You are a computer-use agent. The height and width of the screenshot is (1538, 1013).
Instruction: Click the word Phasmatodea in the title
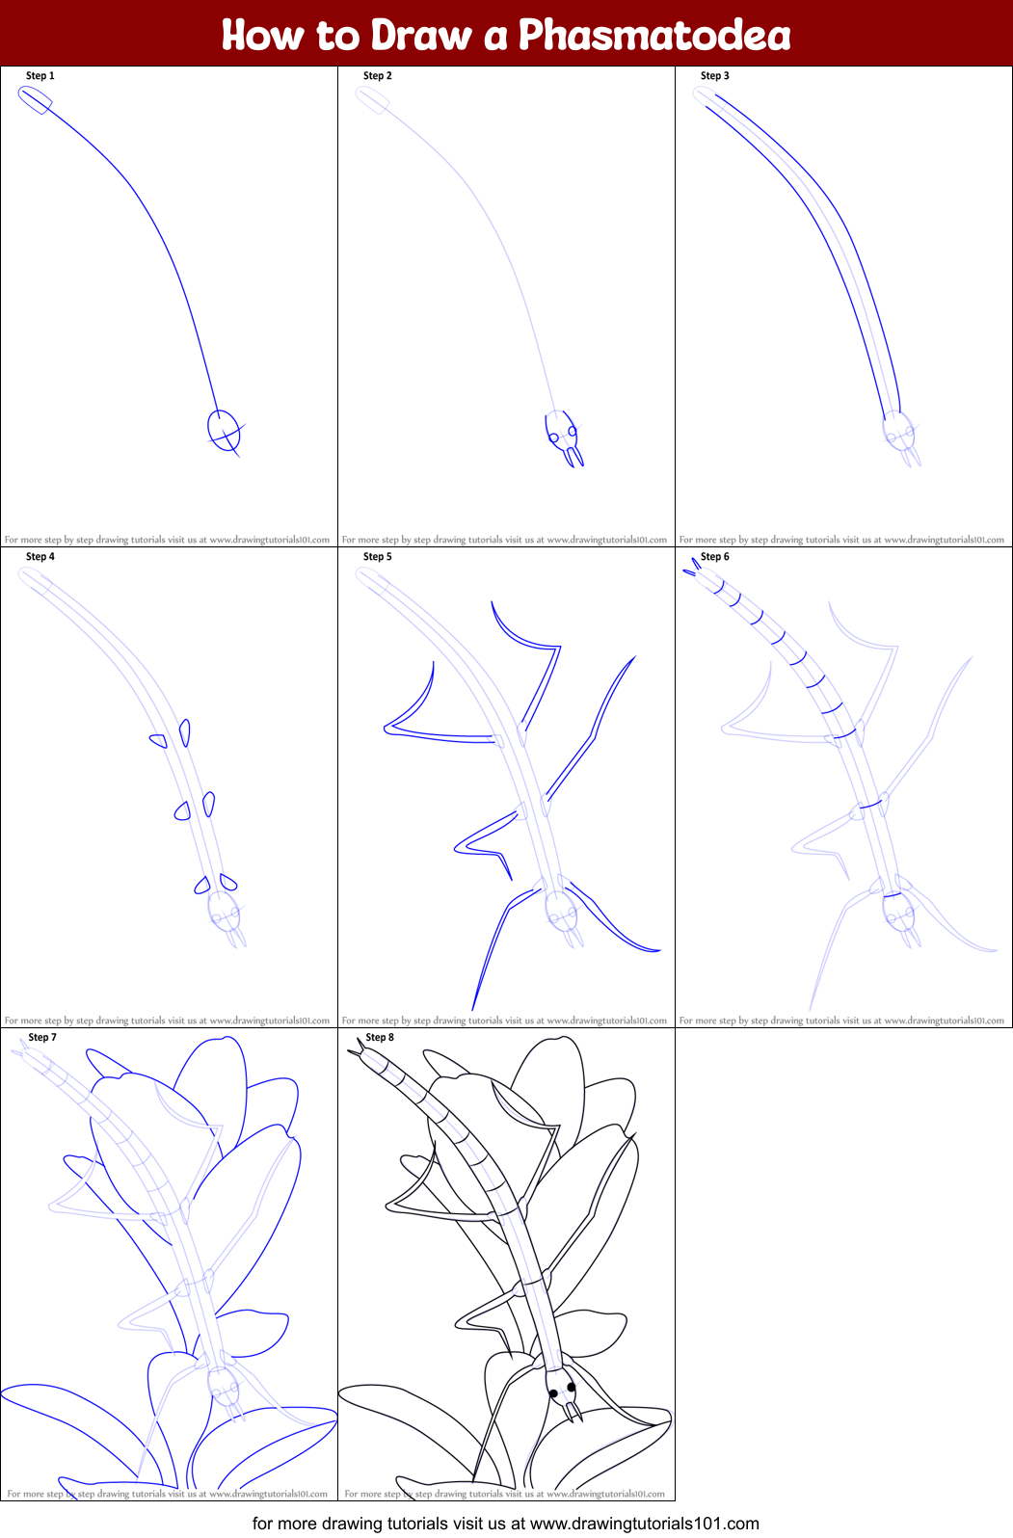coord(654,36)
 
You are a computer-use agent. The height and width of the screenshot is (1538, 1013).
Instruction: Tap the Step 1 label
coord(40,76)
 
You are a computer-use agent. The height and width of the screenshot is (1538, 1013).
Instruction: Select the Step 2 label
coord(378,76)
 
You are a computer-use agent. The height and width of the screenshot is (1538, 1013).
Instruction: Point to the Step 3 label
coord(715,76)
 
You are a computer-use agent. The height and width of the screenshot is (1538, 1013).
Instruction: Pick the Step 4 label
coord(40,557)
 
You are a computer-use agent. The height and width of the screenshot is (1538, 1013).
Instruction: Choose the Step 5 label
coord(378,557)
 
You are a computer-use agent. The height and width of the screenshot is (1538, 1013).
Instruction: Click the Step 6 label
coord(715,557)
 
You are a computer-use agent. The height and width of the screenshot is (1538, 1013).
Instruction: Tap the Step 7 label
coord(42,1038)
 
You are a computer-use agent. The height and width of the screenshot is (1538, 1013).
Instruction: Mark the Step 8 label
coord(380,1038)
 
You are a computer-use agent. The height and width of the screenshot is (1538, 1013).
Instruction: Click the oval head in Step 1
coord(224,428)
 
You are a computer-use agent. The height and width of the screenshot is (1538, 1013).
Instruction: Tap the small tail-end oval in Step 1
coord(35,99)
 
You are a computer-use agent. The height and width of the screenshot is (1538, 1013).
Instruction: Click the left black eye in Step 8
coord(553,1393)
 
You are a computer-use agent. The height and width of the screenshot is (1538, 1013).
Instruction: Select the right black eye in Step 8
coord(572,1388)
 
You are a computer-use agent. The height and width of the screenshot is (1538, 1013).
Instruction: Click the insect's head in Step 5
coord(560,909)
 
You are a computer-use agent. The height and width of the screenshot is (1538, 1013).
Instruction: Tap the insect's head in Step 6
coord(897,909)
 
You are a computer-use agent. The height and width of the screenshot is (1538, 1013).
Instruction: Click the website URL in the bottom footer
coord(644,1524)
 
